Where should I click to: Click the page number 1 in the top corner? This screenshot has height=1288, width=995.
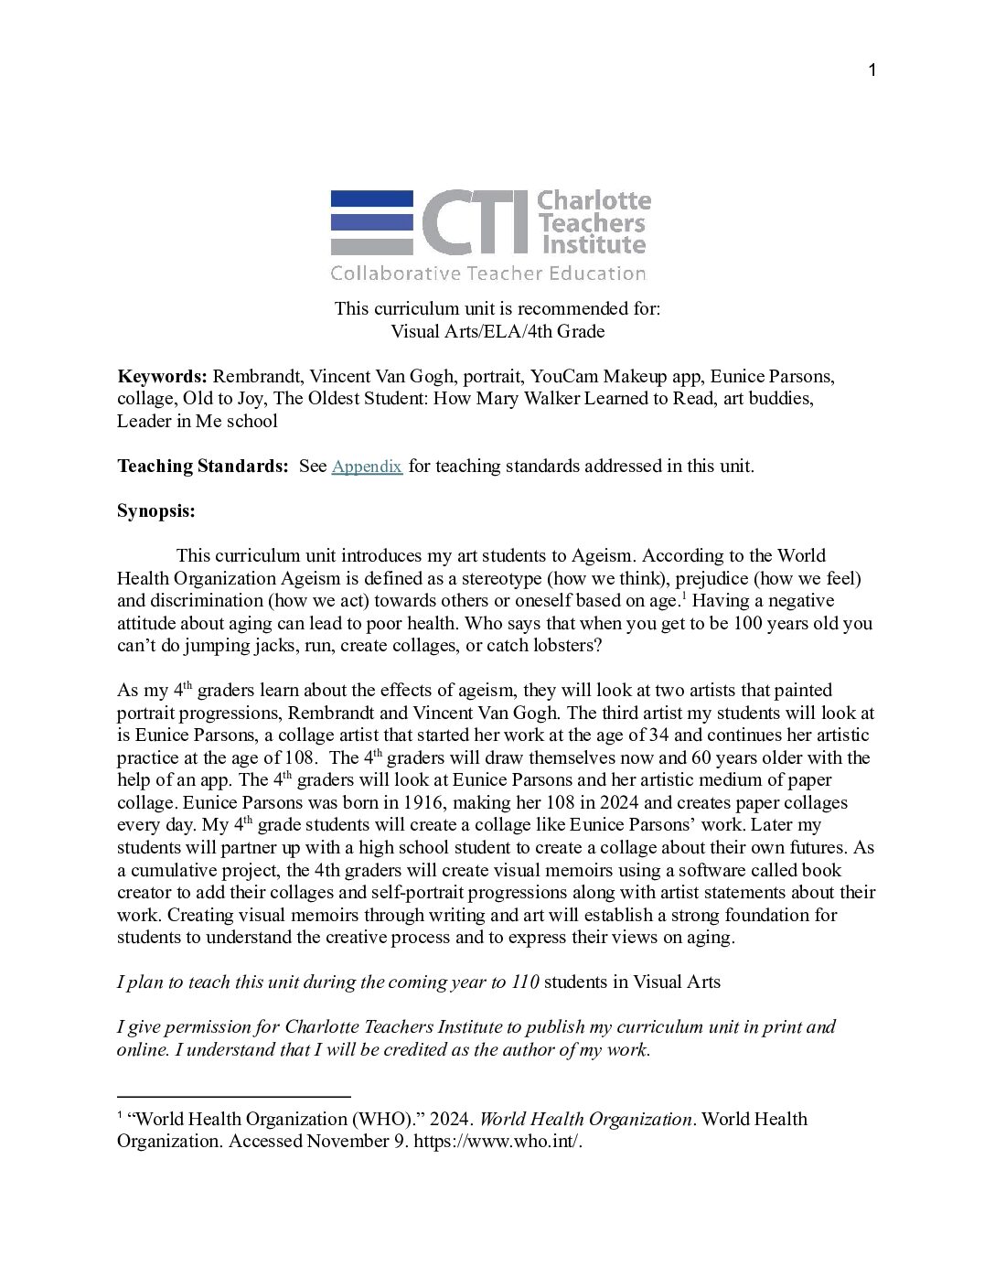(x=872, y=71)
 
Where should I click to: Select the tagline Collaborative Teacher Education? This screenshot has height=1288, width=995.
(x=487, y=273)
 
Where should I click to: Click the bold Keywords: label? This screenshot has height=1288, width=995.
(x=162, y=377)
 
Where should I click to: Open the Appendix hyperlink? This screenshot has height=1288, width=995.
(x=367, y=467)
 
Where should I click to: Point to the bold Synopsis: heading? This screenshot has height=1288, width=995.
(x=156, y=511)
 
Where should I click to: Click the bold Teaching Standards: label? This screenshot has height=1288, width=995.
(x=202, y=467)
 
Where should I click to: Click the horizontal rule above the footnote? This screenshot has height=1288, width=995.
(x=234, y=1096)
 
